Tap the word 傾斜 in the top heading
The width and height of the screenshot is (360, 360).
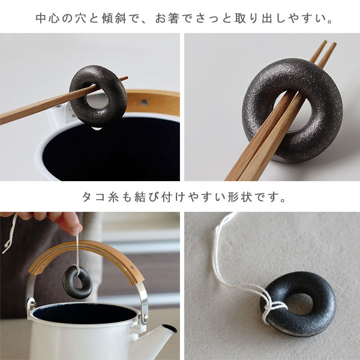click(115, 19)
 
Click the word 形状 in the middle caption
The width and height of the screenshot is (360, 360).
click(239, 197)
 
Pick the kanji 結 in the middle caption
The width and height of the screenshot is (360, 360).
click(140, 197)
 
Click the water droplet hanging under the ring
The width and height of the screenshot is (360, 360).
click(97, 128)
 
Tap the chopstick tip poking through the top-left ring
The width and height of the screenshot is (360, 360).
click(125, 78)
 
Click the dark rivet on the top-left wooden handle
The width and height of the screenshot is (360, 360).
click(144, 102)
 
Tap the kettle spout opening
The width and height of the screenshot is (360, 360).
click(169, 329)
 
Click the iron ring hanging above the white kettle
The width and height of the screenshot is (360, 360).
click(77, 282)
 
